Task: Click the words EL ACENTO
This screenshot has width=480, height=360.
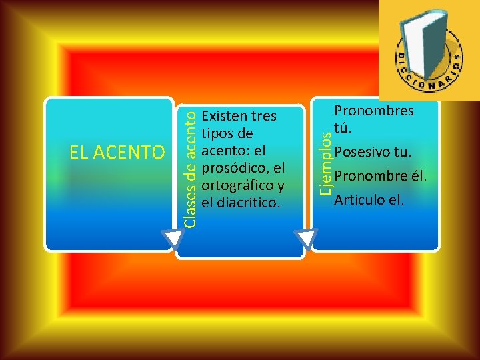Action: [x=117, y=153]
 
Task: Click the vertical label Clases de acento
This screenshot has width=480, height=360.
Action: [x=190, y=169]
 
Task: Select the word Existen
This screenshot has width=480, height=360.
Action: [x=221, y=116]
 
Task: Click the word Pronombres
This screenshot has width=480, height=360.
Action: [x=374, y=111]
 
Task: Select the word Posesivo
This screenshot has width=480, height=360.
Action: [x=363, y=152]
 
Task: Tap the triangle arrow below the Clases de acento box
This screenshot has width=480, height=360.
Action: [x=307, y=240]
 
